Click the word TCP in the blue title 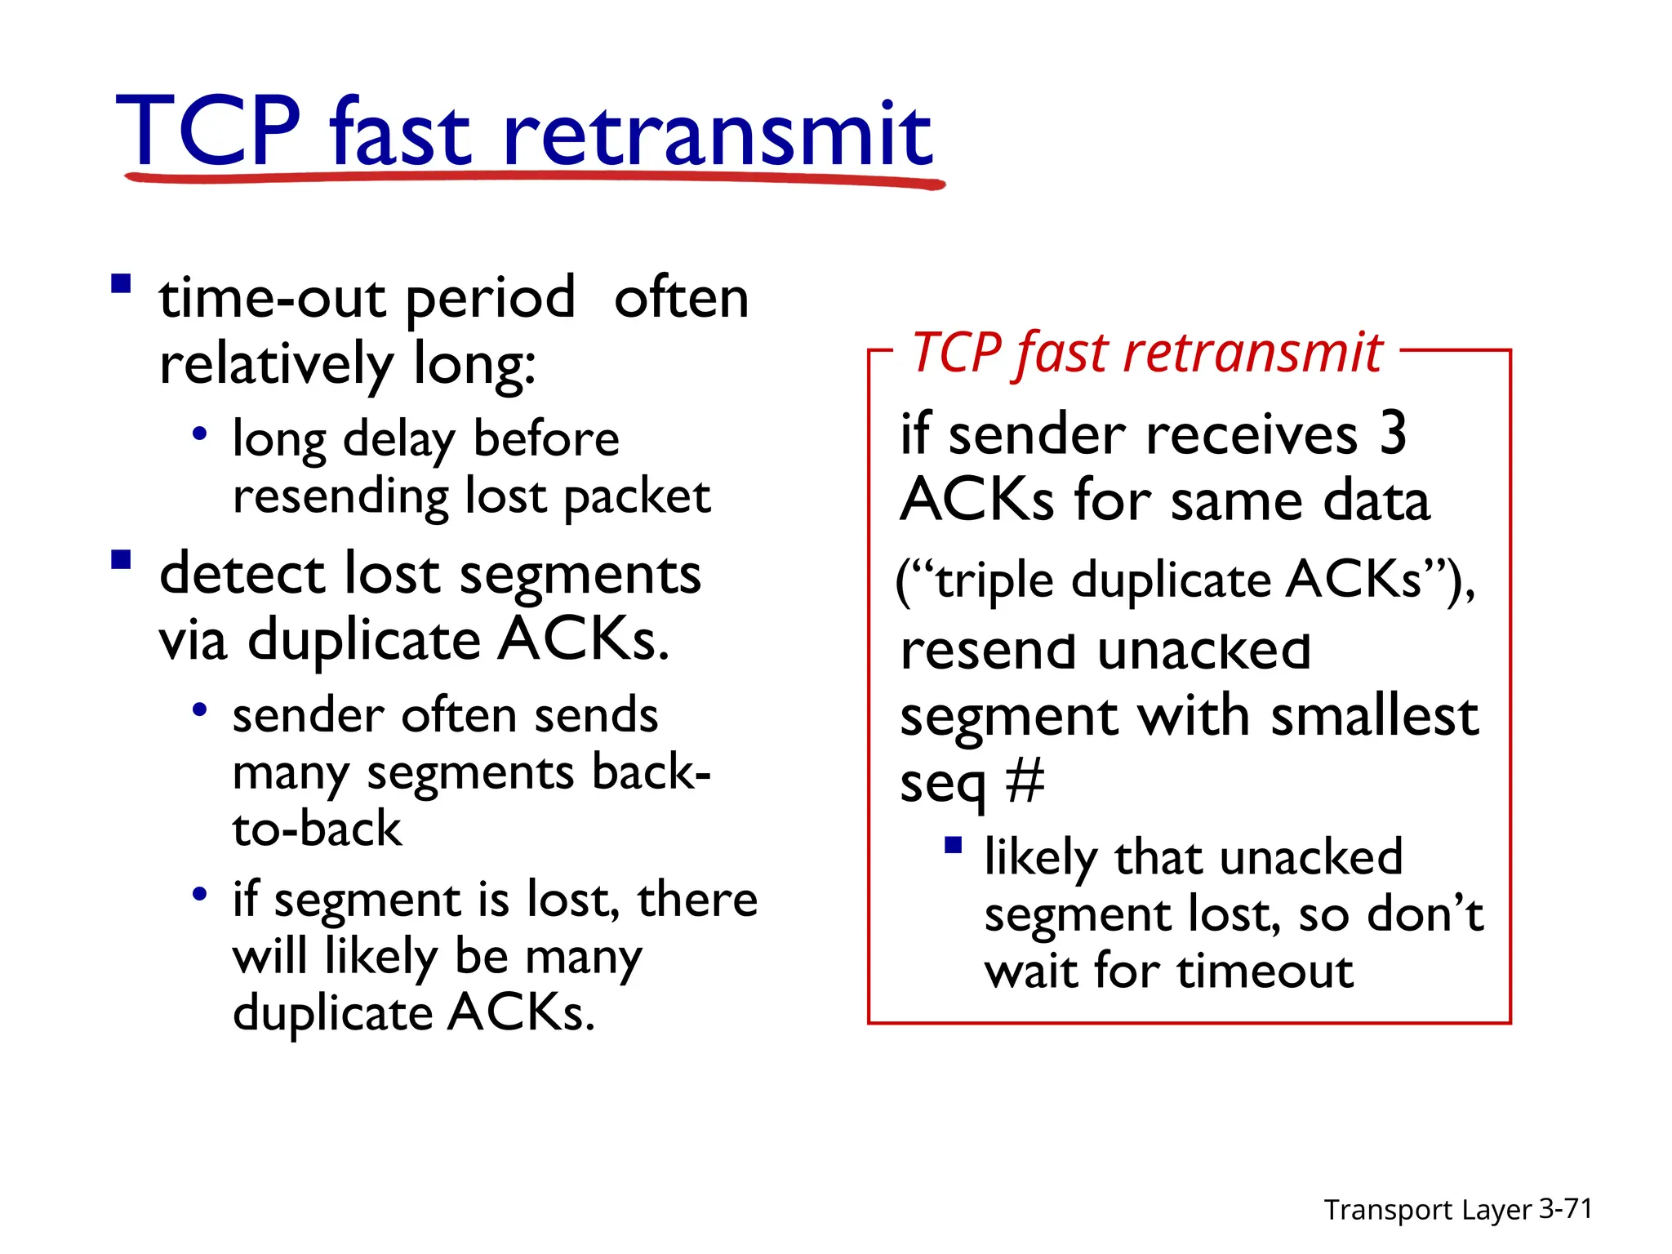pos(208,131)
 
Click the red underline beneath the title pos(535,177)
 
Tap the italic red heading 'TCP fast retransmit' pos(1146,354)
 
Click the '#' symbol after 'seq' pos(1025,781)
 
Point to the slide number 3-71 pos(1565,1208)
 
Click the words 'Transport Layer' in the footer pos(1427,1210)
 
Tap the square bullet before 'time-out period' pos(122,284)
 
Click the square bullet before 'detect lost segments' pos(122,559)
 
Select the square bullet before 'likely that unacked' pos(953,845)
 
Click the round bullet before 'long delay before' pos(199,434)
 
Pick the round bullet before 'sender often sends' pos(199,709)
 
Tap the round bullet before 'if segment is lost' pos(199,894)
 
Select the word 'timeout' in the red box pos(1265,972)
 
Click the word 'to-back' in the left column pos(317,829)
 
